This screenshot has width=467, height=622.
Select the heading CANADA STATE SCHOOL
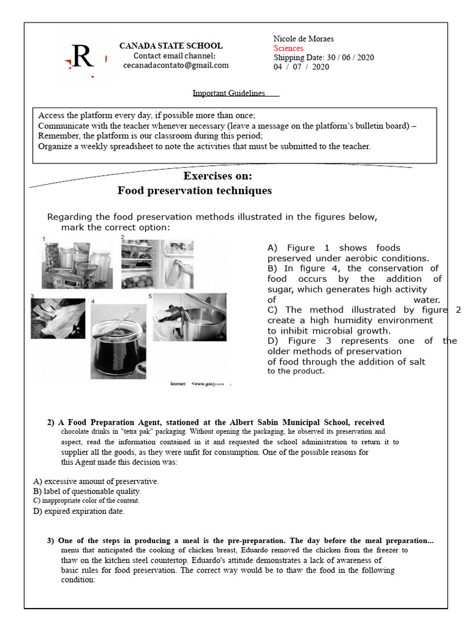[x=170, y=46]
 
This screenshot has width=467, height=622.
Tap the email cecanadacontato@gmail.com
[x=176, y=65]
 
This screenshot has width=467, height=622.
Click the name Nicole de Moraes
[x=303, y=39]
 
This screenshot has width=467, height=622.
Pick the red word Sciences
[x=288, y=48]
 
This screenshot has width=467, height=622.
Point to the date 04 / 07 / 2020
[x=301, y=67]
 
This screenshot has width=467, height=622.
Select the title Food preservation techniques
[x=195, y=191]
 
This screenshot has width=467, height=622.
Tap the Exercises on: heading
[x=218, y=176]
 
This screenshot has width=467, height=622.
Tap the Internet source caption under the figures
[x=201, y=384]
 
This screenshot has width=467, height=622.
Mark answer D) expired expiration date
[x=79, y=511]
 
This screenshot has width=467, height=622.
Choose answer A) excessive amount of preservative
[x=96, y=481]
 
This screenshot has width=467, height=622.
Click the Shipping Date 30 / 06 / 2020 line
[x=323, y=58]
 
